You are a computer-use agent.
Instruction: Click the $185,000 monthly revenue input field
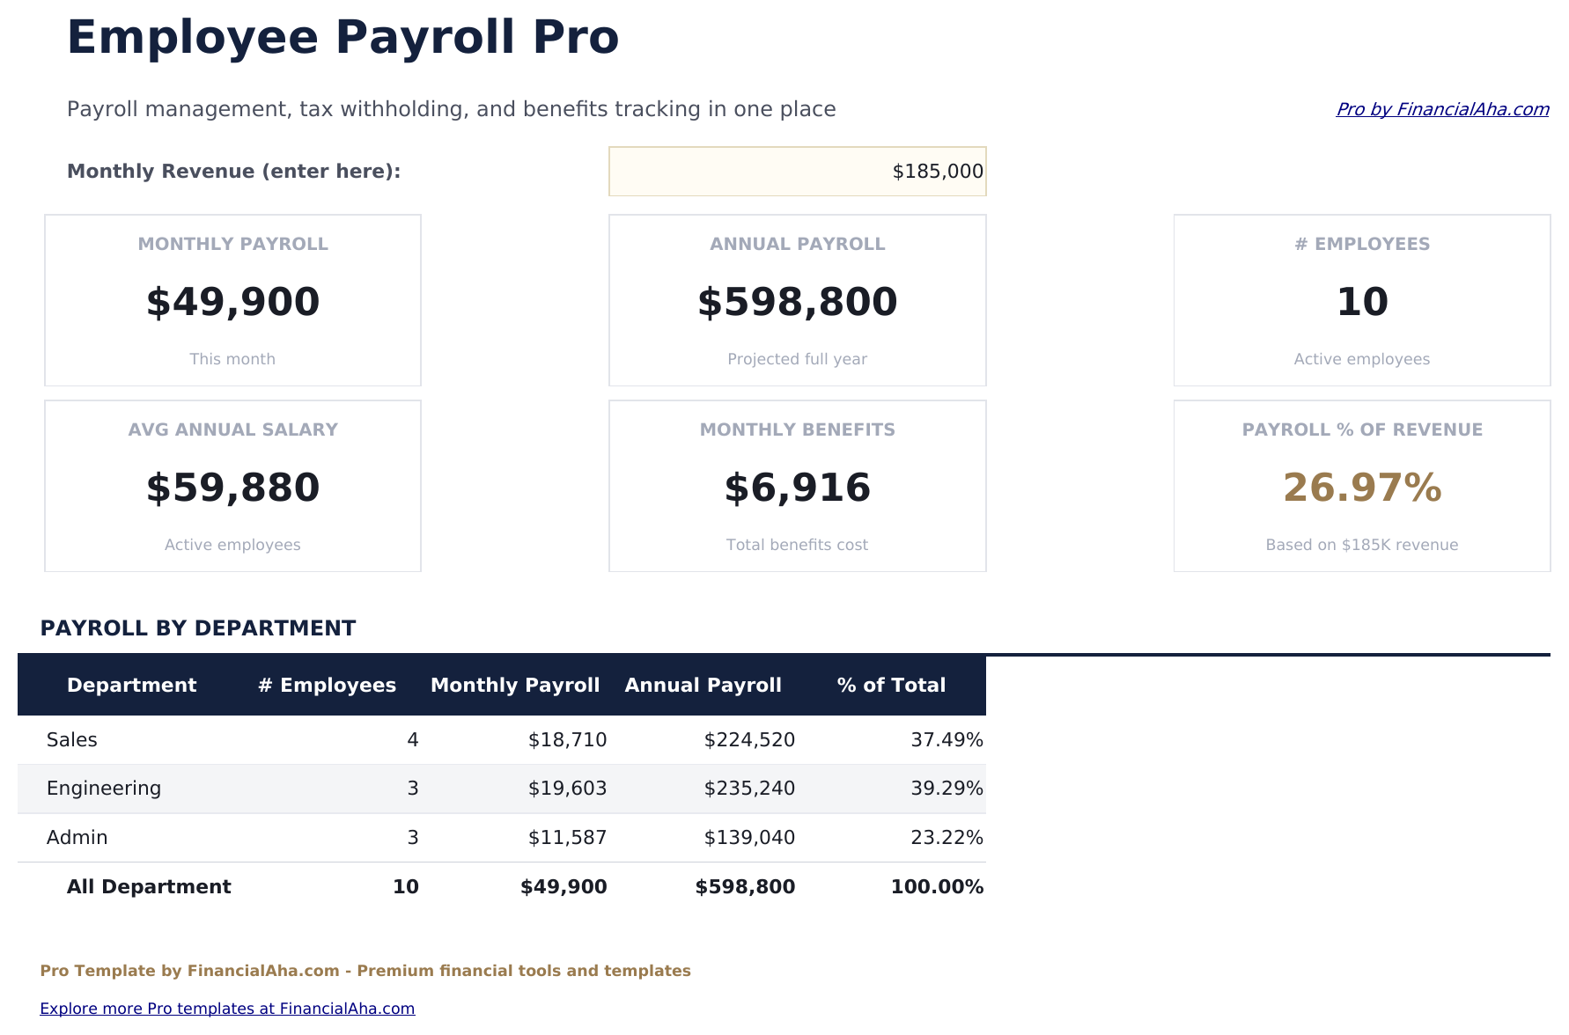coord(797,172)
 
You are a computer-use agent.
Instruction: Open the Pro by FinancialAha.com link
coord(1441,109)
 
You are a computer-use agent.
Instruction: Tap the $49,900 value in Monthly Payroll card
coord(232,302)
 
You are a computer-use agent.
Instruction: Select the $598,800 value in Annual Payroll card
coord(797,302)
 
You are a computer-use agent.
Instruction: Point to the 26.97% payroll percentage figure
coord(1361,488)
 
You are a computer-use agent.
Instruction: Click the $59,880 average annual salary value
coord(232,488)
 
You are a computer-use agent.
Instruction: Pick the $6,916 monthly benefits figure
coord(797,488)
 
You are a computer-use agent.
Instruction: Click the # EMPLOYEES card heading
coord(1361,244)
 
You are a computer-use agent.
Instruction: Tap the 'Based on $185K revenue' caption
coord(1361,545)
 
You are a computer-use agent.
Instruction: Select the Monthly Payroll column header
coord(515,685)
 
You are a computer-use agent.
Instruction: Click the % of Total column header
coord(891,685)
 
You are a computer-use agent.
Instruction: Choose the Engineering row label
coord(104,789)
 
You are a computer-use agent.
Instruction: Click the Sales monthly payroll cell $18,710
coord(567,740)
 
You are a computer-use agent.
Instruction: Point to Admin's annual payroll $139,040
coord(749,838)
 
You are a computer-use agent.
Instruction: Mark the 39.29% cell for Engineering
coord(947,789)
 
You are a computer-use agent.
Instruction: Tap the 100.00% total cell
coord(937,887)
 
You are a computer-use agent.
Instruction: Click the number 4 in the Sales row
coord(413,740)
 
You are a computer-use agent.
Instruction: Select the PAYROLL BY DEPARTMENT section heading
coord(198,628)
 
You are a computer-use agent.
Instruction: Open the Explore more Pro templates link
coord(227,1009)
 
